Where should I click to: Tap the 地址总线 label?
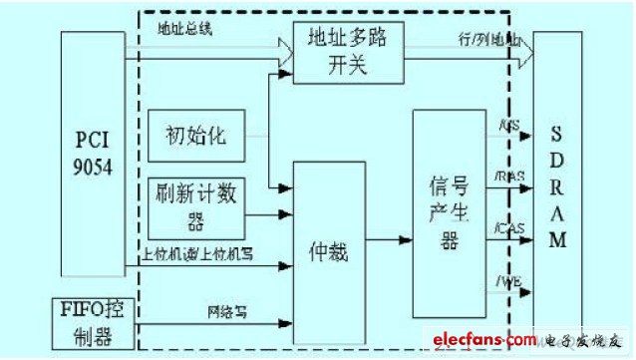pos(185,29)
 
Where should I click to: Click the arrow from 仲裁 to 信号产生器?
pos(389,240)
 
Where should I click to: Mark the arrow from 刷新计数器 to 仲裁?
pos(267,214)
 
